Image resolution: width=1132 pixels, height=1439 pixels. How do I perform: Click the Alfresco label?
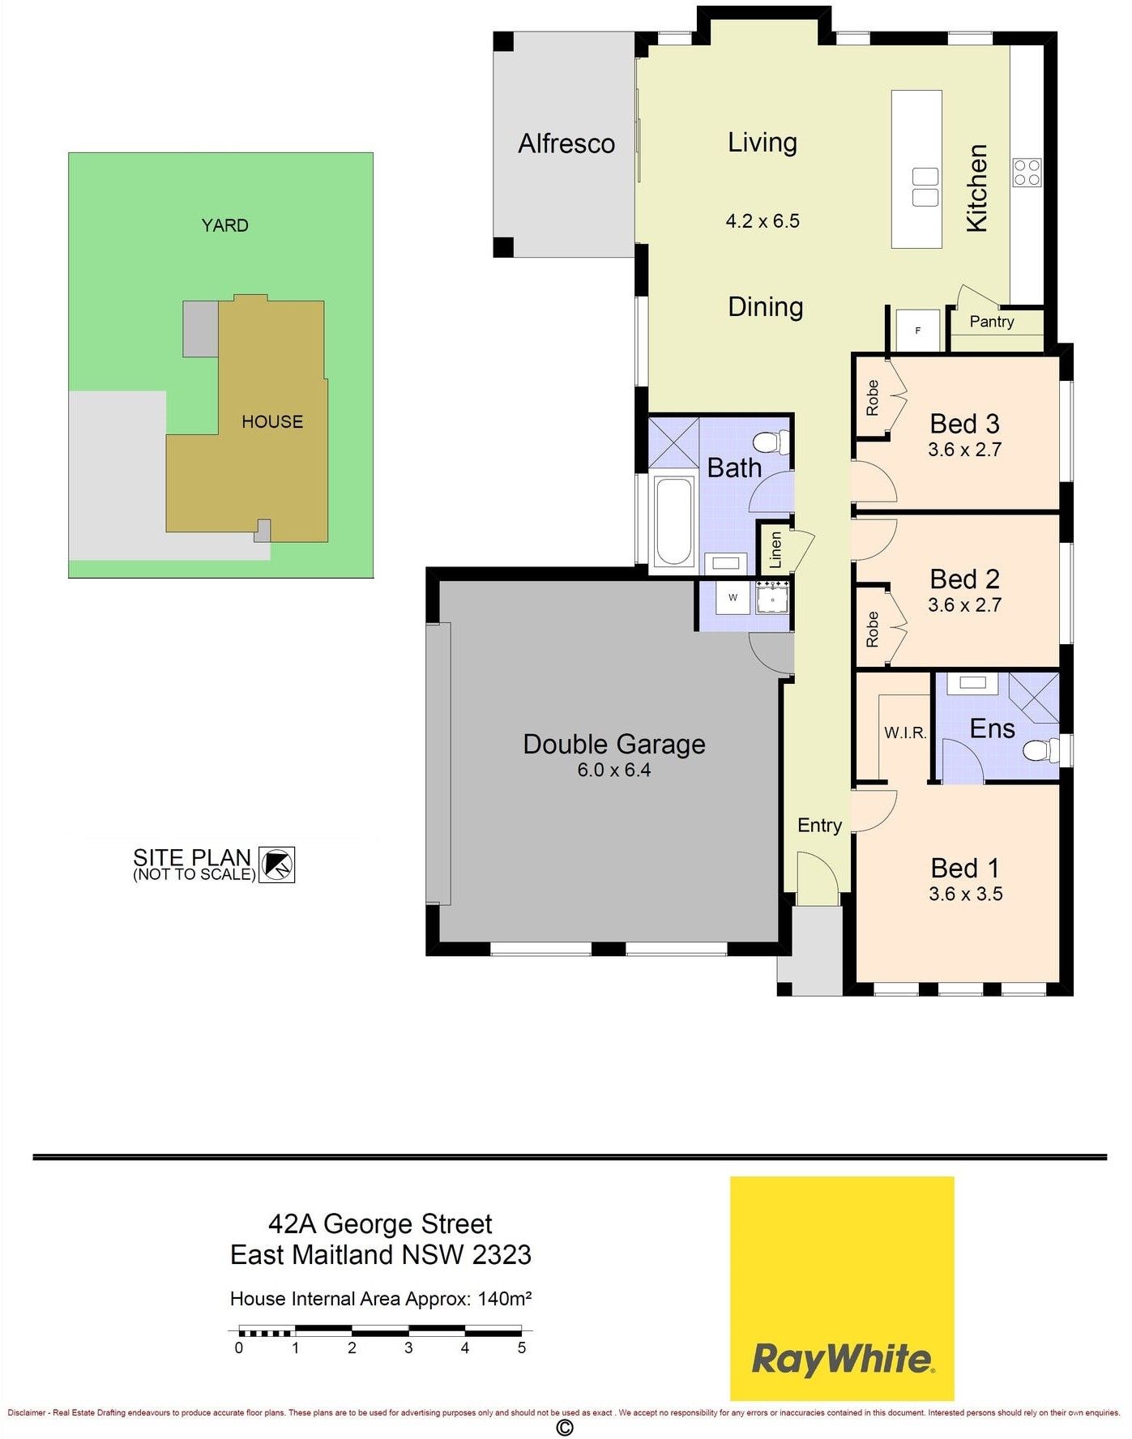(566, 144)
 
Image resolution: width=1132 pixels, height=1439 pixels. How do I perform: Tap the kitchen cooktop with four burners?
(1027, 173)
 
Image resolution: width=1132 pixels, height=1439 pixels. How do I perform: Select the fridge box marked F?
(917, 330)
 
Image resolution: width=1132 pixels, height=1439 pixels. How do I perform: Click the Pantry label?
(992, 322)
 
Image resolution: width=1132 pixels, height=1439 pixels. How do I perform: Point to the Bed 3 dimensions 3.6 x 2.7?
(964, 450)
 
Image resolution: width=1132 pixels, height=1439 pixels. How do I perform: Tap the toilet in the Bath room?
(771, 442)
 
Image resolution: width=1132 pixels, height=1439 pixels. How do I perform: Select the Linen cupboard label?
(775, 549)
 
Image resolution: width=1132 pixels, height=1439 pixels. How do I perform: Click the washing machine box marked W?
(733, 598)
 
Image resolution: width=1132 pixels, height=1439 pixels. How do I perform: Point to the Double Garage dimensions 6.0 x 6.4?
(614, 771)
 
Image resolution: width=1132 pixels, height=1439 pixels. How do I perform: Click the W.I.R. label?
(905, 733)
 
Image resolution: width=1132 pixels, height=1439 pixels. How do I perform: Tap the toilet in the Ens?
(1041, 750)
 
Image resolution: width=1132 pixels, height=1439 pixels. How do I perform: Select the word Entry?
(819, 826)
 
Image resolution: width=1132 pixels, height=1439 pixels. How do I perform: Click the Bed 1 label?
(965, 869)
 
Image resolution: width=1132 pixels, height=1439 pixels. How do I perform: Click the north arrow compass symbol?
(276, 865)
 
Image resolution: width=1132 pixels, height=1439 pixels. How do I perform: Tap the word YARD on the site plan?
(225, 225)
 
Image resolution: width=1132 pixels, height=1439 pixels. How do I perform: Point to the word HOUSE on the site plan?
(272, 422)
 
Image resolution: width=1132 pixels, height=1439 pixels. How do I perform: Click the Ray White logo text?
(843, 1359)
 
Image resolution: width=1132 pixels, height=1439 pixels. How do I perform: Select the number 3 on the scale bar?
(408, 1348)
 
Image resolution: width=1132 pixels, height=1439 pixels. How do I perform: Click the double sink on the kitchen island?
(925, 187)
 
